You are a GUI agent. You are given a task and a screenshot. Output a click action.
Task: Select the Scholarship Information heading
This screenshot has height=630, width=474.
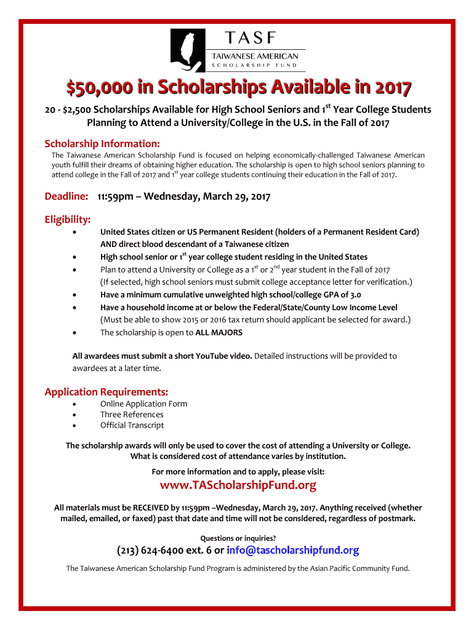click(102, 143)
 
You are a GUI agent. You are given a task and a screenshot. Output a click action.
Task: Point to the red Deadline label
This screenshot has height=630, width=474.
click(66, 196)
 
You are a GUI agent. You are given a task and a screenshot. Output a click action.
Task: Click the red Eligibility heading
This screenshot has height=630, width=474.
click(68, 220)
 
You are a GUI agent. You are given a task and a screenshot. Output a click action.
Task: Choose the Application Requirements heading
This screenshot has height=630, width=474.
click(106, 392)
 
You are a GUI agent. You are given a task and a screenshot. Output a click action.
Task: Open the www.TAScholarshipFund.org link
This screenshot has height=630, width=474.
click(238, 485)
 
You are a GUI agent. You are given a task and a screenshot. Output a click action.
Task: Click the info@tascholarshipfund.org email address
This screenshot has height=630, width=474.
click(292, 550)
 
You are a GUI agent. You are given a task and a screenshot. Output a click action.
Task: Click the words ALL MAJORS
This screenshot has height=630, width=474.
click(219, 332)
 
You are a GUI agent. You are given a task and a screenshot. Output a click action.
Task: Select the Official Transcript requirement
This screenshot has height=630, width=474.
click(132, 425)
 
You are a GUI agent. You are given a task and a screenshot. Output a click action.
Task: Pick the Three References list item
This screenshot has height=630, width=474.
click(132, 415)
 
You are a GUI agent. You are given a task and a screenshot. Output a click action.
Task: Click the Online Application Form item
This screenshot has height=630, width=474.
click(144, 404)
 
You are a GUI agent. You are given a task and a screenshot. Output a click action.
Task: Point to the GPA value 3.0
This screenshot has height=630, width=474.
click(355, 295)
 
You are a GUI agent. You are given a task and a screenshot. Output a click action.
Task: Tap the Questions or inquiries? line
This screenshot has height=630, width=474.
click(238, 538)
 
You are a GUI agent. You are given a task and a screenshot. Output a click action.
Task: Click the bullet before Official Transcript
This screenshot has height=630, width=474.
click(74, 426)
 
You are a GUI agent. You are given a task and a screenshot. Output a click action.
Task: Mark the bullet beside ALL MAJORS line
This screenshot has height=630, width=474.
click(74, 333)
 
